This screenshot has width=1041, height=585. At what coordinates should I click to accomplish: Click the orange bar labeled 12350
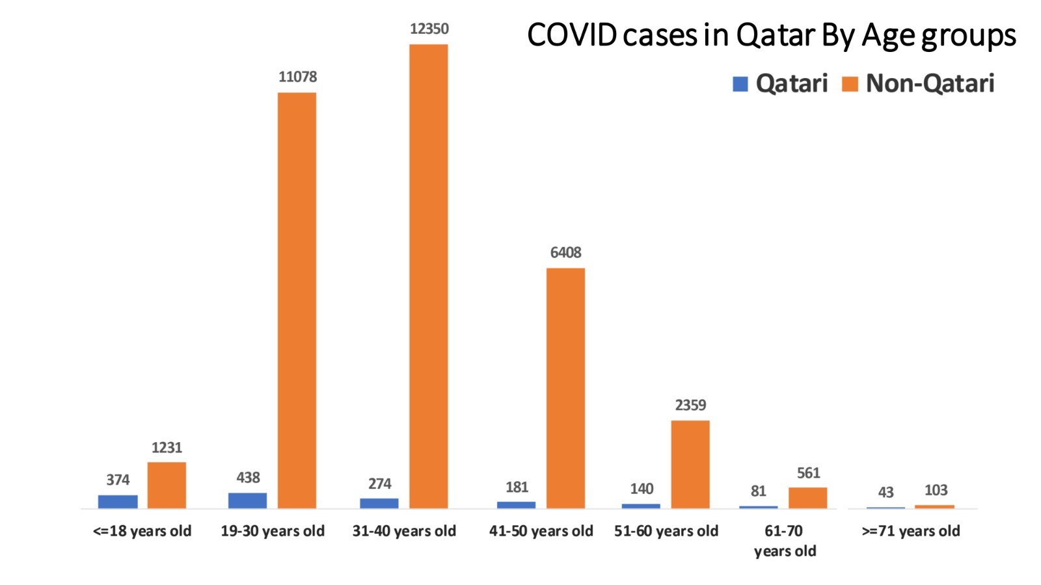point(428,276)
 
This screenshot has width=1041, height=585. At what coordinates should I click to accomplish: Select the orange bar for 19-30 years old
point(297,300)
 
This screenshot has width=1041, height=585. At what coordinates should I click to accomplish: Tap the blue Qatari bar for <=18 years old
point(118,501)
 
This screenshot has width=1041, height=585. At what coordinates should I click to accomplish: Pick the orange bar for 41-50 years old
point(565,388)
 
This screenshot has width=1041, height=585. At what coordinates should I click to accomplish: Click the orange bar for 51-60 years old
point(690,464)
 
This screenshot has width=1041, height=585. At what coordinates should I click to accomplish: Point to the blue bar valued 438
point(247,500)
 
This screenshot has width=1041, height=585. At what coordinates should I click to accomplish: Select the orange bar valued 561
point(807,498)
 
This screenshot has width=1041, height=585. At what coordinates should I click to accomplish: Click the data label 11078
point(297,77)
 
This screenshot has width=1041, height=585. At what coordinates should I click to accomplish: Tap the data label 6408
point(565,252)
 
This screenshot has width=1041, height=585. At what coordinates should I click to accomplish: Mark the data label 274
point(379,484)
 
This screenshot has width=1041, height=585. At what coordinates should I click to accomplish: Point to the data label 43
point(886,492)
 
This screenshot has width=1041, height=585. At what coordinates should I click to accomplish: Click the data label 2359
point(690,405)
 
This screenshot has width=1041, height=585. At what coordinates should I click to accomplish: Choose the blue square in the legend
point(740,84)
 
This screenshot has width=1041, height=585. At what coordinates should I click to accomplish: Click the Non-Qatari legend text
point(930,83)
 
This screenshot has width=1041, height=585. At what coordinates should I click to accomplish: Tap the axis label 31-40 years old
point(404,531)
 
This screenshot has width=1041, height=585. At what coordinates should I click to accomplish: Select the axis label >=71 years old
point(911,531)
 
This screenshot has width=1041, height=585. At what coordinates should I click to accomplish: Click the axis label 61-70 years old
point(785,541)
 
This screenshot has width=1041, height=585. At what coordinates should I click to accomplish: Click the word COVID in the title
point(572,35)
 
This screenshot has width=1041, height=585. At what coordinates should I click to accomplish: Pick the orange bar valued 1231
point(167,485)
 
